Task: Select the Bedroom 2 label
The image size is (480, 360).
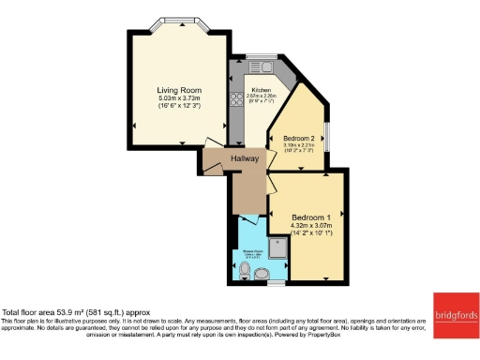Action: click(300, 139)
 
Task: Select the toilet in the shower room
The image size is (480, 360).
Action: click(245, 272)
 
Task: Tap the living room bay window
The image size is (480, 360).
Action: click(178, 22)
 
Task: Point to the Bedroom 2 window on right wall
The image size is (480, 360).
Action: click(326, 136)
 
